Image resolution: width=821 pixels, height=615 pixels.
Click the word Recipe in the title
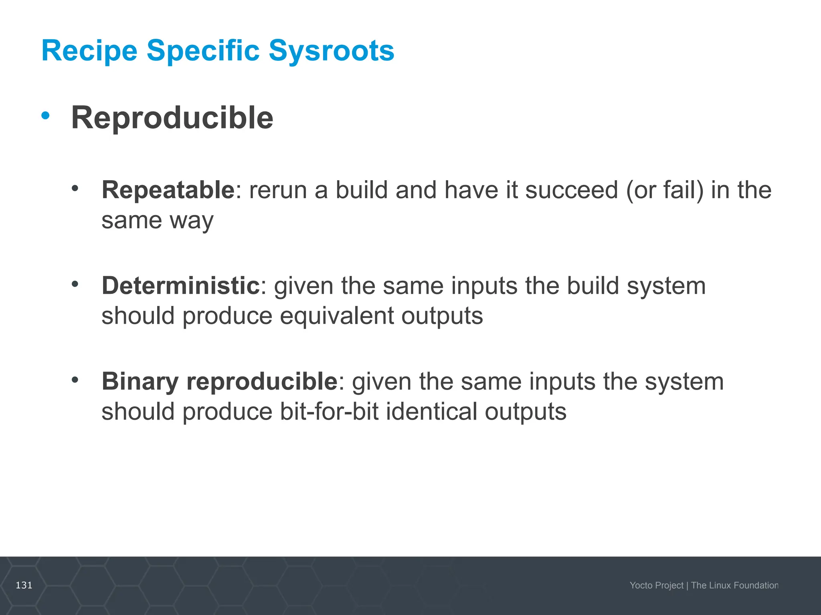pyautogui.click(x=89, y=51)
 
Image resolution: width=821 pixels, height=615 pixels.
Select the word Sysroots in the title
pyautogui.click(x=331, y=51)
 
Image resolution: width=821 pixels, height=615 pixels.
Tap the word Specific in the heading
pyautogui.click(x=203, y=51)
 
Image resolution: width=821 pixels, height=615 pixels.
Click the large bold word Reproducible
pyautogui.click(x=172, y=118)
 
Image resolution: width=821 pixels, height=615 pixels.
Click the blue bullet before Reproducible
pyautogui.click(x=45, y=116)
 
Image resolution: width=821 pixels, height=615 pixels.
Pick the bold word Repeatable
pyautogui.click(x=168, y=190)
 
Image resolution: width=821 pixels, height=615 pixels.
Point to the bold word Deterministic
pyautogui.click(x=180, y=285)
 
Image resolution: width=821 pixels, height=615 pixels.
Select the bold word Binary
pyautogui.click(x=140, y=381)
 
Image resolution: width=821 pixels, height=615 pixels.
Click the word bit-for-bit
pyautogui.click(x=329, y=412)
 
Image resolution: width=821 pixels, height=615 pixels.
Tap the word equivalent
pyautogui.click(x=337, y=316)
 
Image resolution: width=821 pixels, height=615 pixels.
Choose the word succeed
pyautogui.click(x=571, y=190)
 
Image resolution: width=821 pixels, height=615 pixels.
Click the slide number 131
pyautogui.click(x=24, y=585)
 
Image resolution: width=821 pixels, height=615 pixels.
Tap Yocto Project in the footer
pyautogui.click(x=656, y=585)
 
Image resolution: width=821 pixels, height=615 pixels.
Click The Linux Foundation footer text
pyautogui.click(x=734, y=585)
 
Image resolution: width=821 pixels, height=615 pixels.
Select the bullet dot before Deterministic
pyautogui.click(x=75, y=284)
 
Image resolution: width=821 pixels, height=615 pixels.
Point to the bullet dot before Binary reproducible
pyautogui.click(x=75, y=379)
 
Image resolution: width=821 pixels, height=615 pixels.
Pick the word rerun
pyautogui.click(x=277, y=190)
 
